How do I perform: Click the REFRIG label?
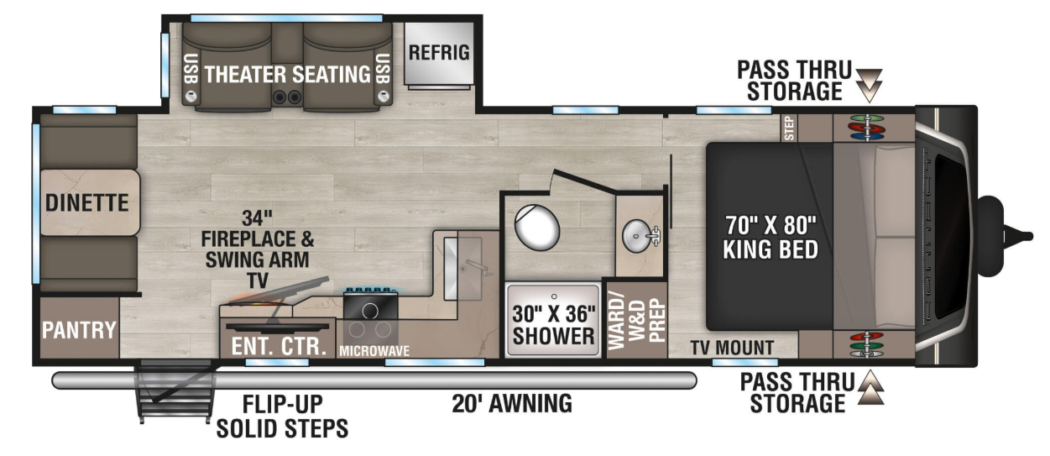pyautogui.click(x=439, y=53)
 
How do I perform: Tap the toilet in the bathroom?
pyautogui.click(x=537, y=228)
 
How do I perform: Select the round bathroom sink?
pyautogui.click(x=640, y=237)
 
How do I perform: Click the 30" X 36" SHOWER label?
pyautogui.click(x=553, y=325)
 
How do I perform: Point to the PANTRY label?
pyautogui.click(x=79, y=330)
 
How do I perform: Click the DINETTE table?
pyautogui.click(x=90, y=202)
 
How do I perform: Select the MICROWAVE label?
pyautogui.click(x=374, y=350)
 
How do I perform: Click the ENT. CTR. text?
pyautogui.click(x=279, y=346)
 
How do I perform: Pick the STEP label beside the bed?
pyautogui.click(x=789, y=128)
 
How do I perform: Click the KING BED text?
pyautogui.click(x=771, y=249)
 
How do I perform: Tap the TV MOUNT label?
pyautogui.click(x=732, y=348)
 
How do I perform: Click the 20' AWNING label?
pyautogui.click(x=512, y=403)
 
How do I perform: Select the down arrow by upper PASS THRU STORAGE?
pyautogui.click(x=869, y=86)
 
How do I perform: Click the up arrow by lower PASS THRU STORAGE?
pyautogui.click(x=871, y=387)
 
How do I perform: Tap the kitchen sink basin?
pyautogui.click(x=462, y=269)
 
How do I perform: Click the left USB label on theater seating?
pyautogui.click(x=191, y=69)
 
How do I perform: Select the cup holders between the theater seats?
pyautogui.click(x=287, y=97)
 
